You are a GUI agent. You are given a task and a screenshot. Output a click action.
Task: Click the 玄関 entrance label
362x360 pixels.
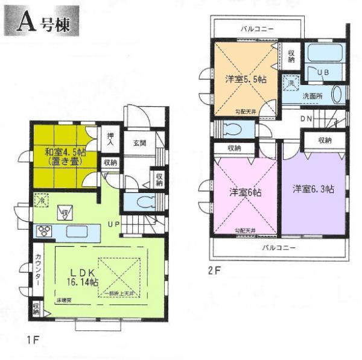140,144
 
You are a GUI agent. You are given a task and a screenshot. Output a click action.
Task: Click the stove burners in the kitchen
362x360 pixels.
44,230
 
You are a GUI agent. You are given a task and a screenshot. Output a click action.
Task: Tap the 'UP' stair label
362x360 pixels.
113,224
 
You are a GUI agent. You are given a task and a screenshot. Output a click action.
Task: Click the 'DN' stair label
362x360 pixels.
306,119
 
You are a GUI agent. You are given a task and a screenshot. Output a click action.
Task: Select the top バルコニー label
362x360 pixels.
257,28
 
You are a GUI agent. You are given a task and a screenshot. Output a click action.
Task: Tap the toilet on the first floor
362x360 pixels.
141,201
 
